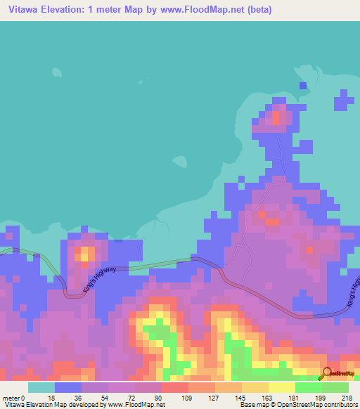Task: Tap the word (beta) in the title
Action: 257,9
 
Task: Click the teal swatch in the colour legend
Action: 41,387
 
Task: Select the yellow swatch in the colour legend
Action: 281,387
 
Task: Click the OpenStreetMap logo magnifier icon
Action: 327,373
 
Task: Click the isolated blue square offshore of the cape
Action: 303,86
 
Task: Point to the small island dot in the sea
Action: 55,70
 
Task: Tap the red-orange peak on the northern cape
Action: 277,116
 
